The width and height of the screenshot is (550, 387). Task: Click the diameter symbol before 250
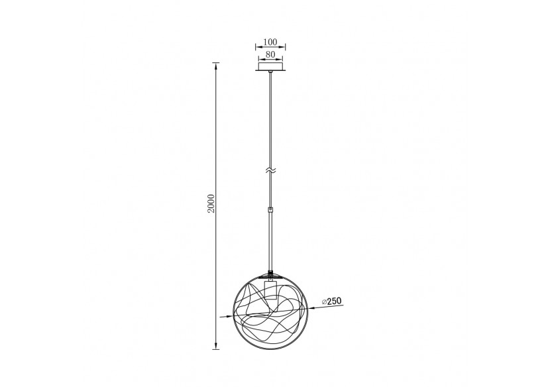[x=324, y=302]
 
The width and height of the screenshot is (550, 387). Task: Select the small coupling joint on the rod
[x=270, y=210]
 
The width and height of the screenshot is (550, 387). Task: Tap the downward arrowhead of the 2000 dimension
[x=216, y=345]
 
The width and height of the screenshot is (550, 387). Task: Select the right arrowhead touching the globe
[x=311, y=306]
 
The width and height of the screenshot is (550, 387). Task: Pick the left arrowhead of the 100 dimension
[x=256, y=48]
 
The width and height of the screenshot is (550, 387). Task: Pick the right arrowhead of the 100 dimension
[x=284, y=48]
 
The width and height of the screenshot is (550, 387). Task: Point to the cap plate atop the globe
[x=270, y=274]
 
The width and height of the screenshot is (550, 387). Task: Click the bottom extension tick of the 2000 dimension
[x=216, y=348]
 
